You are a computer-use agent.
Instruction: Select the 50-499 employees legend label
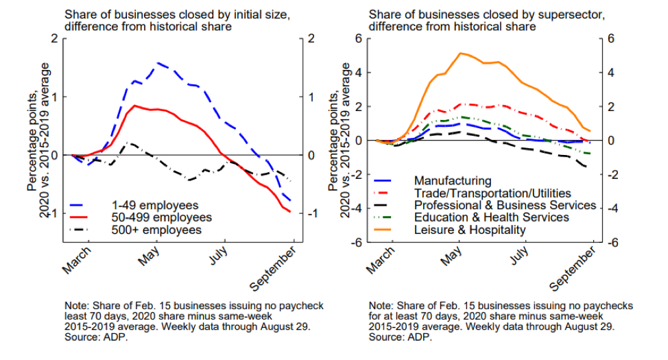point(161,217)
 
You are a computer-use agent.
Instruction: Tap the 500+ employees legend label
point(157,230)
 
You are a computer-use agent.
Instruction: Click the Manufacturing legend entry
point(453,181)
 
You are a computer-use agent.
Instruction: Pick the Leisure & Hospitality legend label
point(470,230)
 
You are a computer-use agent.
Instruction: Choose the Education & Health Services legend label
point(491,217)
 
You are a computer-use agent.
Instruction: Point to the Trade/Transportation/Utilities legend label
point(492,193)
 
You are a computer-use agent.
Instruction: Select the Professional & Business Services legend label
point(505,205)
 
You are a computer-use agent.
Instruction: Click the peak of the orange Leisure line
point(461,53)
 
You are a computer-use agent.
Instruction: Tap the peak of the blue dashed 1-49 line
point(158,63)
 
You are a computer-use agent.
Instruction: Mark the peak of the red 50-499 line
point(136,106)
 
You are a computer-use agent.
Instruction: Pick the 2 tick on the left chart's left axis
point(55,38)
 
